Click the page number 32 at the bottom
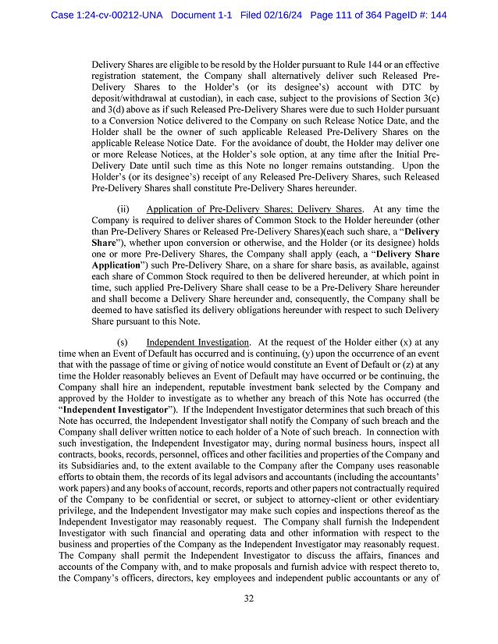click(249, 600)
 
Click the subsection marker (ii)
click(123, 209)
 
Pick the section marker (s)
click(123, 342)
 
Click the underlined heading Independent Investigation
click(197, 342)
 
